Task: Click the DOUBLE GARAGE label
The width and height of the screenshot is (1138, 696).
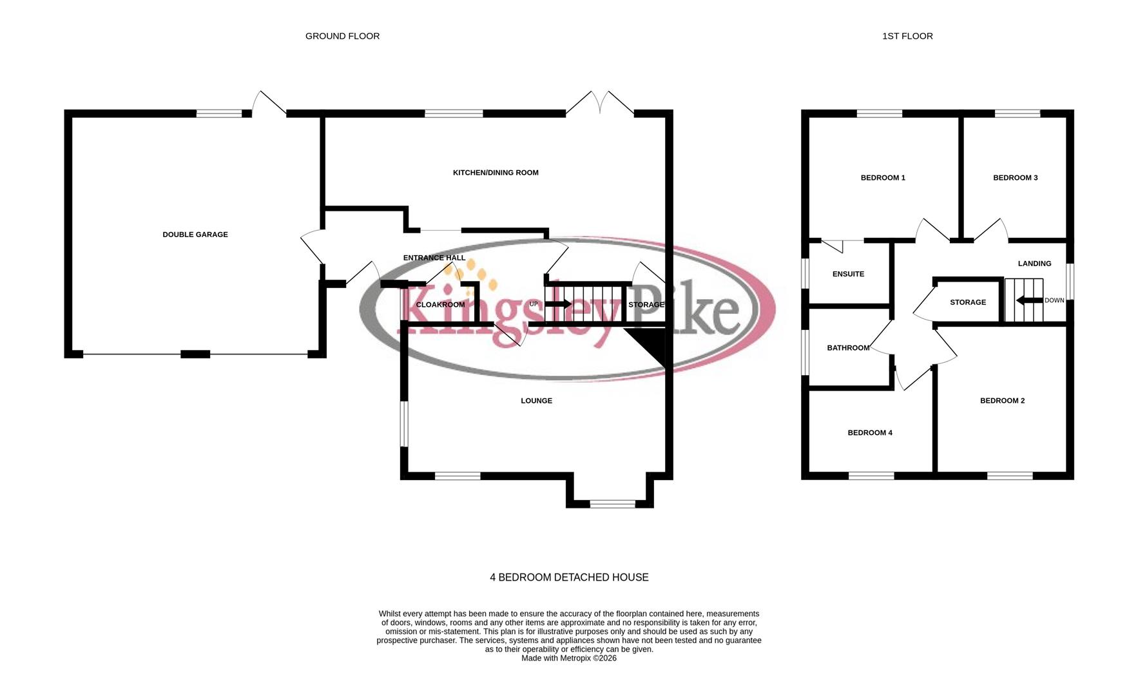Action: (x=195, y=235)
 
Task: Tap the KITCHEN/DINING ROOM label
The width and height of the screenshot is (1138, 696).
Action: (x=496, y=173)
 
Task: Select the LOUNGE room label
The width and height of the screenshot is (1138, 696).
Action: (x=536, y=401)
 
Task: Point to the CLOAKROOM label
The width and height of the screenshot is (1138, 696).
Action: (x=440, y=305)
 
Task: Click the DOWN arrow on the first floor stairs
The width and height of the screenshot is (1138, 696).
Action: (x=1029, y=300)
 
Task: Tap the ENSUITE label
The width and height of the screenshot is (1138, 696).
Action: (x=848, y=274)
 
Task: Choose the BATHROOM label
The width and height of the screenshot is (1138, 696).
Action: (x=848, y=348)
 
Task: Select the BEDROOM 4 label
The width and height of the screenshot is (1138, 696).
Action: (x=869, y=433)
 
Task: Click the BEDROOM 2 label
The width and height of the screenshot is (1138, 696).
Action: (x=1002, y=401)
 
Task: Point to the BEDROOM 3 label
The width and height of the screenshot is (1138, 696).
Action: (x=1015, y=178)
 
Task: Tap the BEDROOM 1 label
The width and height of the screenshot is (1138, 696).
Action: (x=883, y=178)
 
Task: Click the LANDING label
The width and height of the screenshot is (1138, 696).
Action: (x=1034, y=264)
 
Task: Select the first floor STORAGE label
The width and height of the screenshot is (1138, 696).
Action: (x=967, y=302)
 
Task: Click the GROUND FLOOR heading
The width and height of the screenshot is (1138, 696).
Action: (x=342, y=36)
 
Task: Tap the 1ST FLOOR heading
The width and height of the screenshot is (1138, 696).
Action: (x=907, y=36)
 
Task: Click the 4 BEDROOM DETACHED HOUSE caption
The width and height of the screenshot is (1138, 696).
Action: (x=569, y=577)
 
